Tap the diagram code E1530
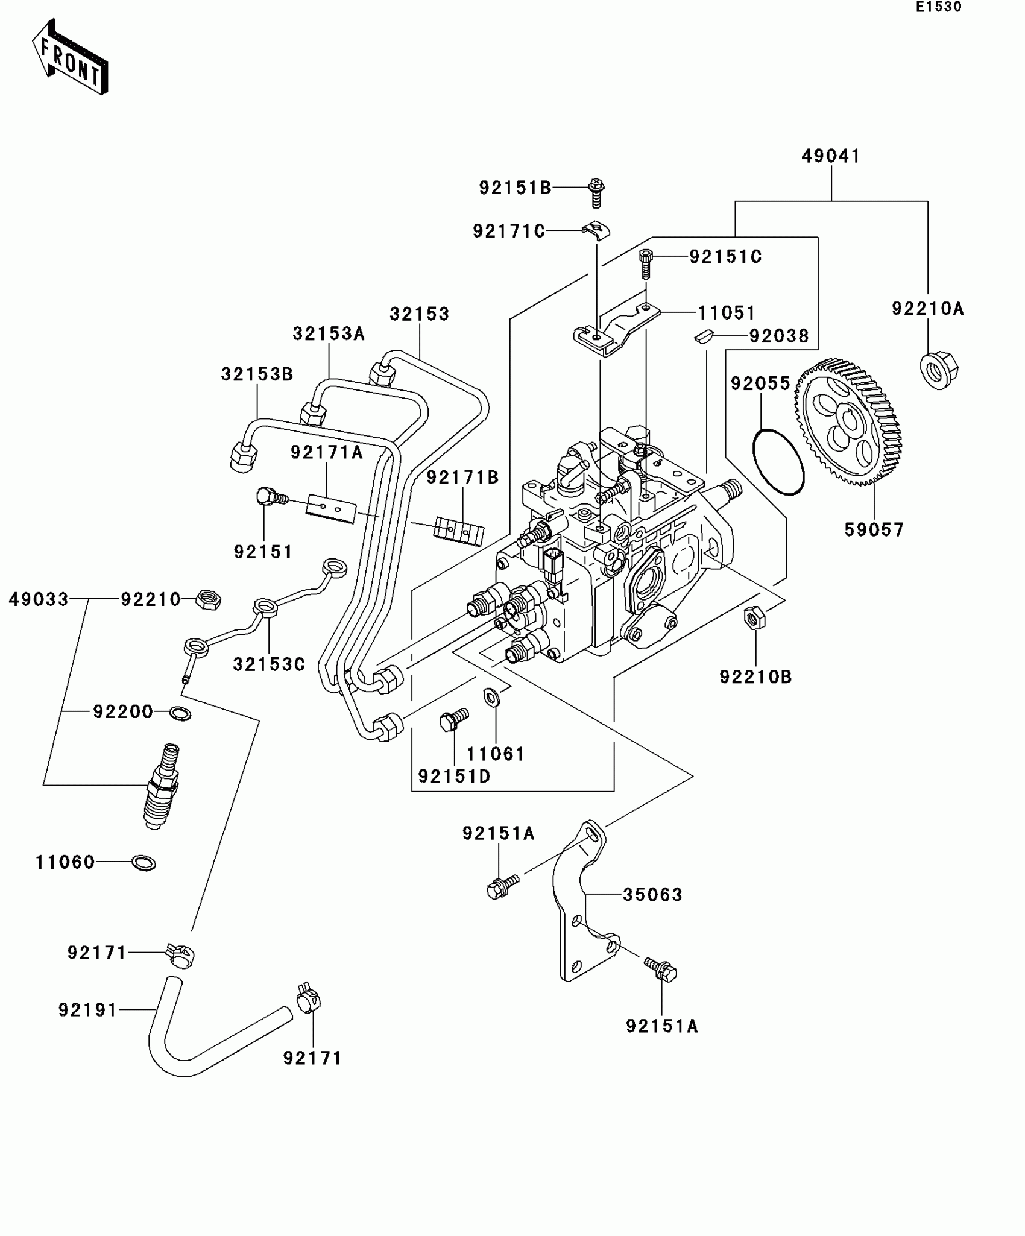[939, 7]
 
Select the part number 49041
[830, 156]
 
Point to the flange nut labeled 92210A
[939, 370]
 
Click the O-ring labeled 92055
[778, 462]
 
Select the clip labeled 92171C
[596, 231]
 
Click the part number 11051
[726, 313]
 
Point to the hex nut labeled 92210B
[754, 618]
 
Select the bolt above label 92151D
[453, 719]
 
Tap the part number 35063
[652, 894]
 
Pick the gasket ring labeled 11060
[143, 863]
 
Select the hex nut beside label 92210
[209, 600]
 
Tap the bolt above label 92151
[271, 499]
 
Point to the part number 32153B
[257, 374]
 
